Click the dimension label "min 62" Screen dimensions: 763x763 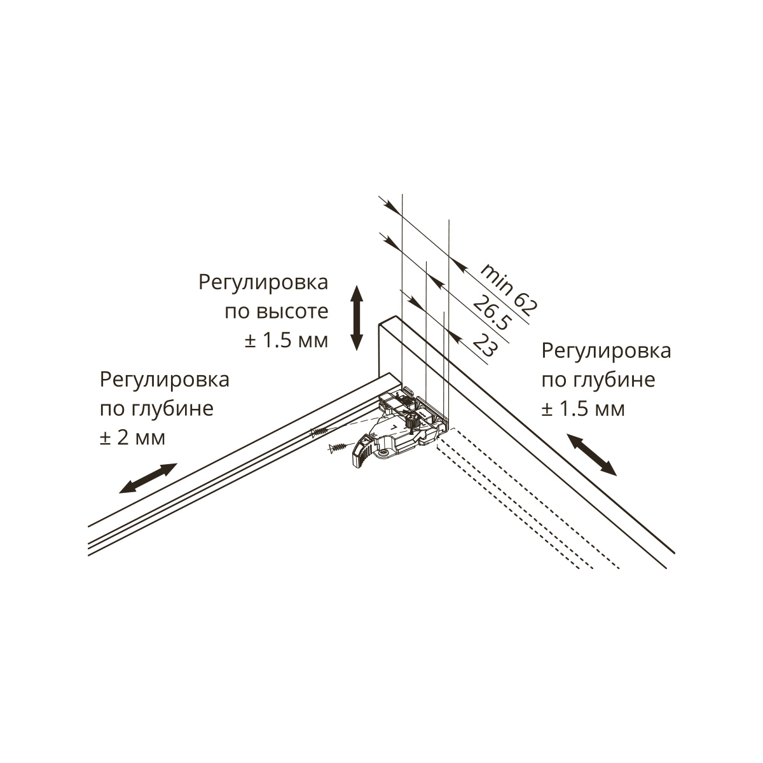[x=509, y=289]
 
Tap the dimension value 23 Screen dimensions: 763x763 [x=485, y=347]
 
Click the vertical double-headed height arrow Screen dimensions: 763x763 [x=357, y=318]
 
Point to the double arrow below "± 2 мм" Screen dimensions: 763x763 [x=148, y=478]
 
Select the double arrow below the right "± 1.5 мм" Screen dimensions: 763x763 [x=591, y=454]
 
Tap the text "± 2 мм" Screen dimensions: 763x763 [x=132, y=437]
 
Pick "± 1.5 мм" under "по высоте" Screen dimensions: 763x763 [x=286, y=340]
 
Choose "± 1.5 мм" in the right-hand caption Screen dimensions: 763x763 [x=583, y=408]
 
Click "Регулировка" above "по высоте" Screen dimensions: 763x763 [x=264, y=282]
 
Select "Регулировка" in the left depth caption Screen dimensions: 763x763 [x=165, y=380]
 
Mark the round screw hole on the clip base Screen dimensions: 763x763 [x=385, y=452]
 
